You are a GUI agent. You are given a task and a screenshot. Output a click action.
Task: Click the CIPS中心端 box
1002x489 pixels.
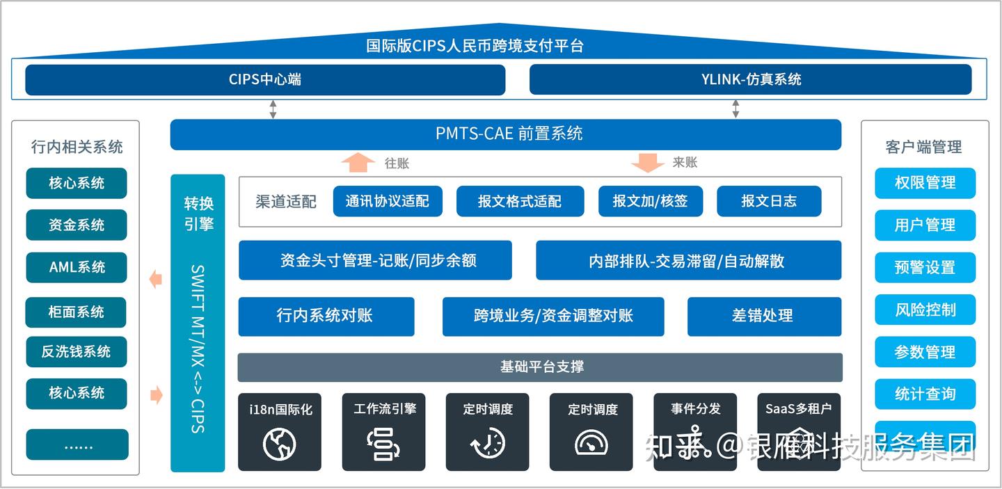265,79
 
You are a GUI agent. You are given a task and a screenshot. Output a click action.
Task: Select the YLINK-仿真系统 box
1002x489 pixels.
750,79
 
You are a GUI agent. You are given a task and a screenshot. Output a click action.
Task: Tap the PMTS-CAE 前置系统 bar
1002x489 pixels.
506,134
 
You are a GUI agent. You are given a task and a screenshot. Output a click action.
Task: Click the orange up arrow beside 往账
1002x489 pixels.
358,162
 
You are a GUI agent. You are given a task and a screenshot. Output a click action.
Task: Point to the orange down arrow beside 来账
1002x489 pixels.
647,162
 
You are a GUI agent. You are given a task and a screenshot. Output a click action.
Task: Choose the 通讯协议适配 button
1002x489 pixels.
388,201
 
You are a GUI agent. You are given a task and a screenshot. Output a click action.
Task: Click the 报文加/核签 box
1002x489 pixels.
650,201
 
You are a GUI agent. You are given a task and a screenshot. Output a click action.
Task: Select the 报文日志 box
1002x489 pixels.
769,201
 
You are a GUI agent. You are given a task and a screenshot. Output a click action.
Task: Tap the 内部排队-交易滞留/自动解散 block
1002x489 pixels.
688,261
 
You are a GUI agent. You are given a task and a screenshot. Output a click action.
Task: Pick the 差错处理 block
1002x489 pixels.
764,316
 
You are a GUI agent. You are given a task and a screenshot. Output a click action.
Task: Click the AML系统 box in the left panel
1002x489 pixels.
77,267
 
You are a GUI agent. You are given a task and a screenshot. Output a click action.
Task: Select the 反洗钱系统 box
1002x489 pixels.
77,352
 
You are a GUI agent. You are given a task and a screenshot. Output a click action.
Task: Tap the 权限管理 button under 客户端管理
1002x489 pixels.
925,183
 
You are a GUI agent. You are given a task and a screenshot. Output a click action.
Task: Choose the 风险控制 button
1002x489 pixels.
925,310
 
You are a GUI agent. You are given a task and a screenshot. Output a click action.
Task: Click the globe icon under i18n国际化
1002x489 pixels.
280,444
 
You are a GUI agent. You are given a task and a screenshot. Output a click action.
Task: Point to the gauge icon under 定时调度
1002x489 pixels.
591,442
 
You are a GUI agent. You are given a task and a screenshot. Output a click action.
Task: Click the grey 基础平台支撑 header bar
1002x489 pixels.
540,367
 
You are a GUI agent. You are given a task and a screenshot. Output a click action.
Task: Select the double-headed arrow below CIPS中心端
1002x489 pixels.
273,109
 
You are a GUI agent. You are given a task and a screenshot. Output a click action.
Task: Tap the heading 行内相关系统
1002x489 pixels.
77,147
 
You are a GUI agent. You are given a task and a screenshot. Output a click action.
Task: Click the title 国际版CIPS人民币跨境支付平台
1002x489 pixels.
475,46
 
